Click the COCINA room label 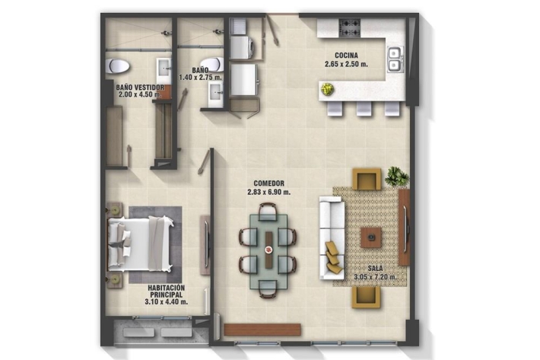[x=346, y=55]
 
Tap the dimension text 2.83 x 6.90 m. [x=268, y=193]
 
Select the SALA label [x=375, y=268]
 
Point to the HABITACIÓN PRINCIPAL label [x=167, y=291]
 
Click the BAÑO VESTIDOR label [x=140, y=88]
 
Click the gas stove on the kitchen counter [x=350, y=28]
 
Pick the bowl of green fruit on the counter [x=327, y=89]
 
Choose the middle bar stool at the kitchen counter [x=364, y=108]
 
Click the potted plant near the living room [x=397, y=176]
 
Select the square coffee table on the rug [x=371, y=237]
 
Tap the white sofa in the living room [x=332, y=237]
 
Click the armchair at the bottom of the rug [x=366, y=297]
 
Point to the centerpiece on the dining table [x=268, y=250]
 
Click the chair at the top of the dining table [x=268, y=211]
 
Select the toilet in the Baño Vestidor [x=117, y=65]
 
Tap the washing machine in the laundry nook [x=243, y=47]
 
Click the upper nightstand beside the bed [x=115, y=209]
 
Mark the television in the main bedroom [x=206, y=245]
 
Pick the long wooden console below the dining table [x=262, y=330]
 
